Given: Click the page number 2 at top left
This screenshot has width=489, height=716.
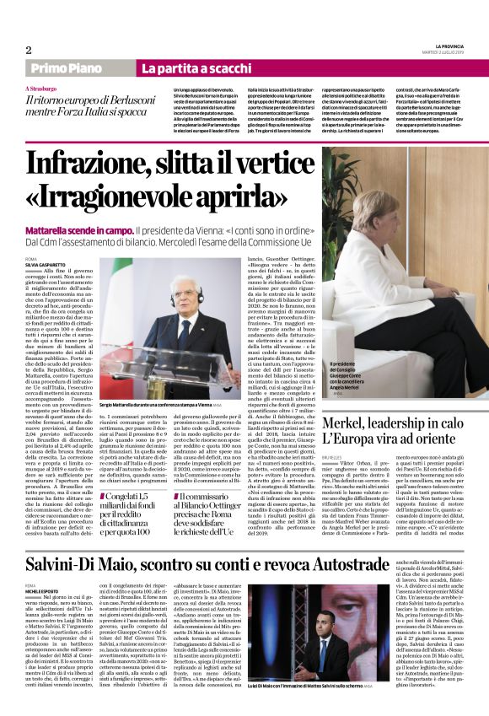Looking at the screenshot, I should click(x=29, y=50).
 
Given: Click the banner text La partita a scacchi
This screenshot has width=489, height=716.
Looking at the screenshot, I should click(x=186, y=68).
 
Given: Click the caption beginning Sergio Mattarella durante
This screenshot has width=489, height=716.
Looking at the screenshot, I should click(x=159, y=381).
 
